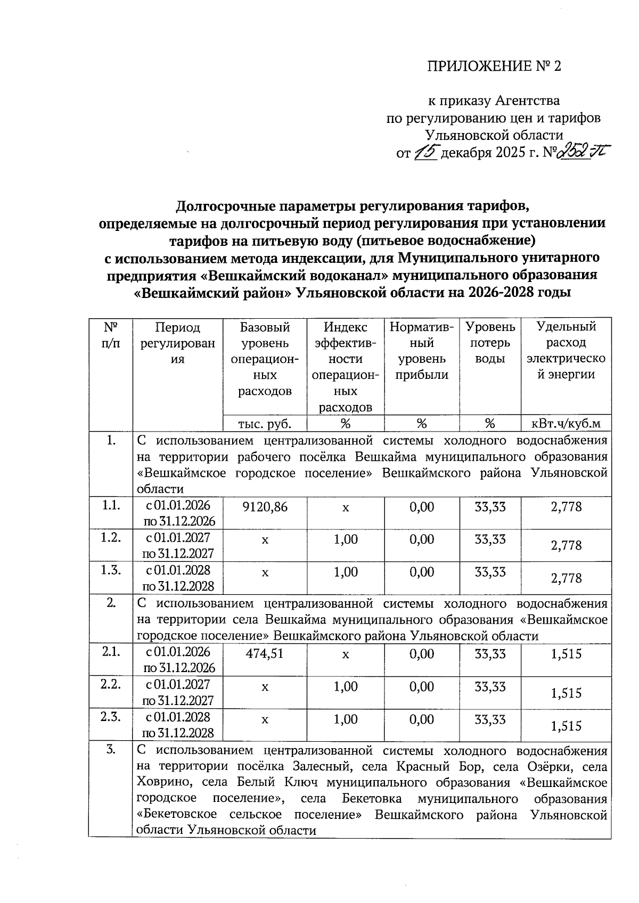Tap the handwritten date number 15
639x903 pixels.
pos(425,153)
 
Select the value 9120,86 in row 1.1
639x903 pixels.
pos(265,507)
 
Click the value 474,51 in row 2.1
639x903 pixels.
pos(265,654)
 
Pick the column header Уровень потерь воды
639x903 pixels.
pos(490,343)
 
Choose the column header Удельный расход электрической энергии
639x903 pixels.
pos(566,351)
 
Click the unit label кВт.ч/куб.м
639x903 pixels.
pos(566,424)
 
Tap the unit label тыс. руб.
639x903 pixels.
pos(265,424)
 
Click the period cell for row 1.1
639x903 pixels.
pos(178,512)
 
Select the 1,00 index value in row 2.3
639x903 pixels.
pos(346,719)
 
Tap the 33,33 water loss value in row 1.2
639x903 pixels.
pos(490,540)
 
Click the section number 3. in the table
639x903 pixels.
pos(111,750)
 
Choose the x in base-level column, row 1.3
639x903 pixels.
pos(265,573)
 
